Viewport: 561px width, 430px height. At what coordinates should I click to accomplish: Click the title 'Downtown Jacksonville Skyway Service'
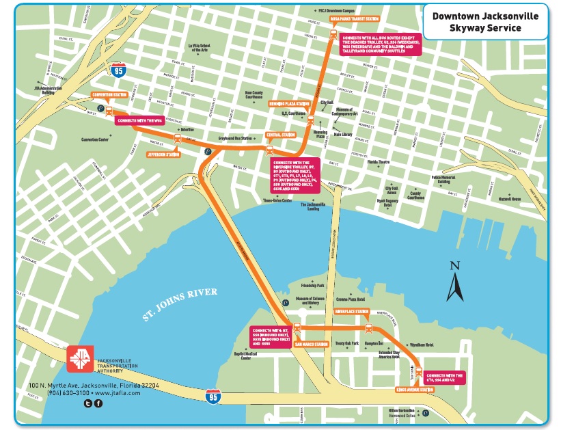coord(484,22)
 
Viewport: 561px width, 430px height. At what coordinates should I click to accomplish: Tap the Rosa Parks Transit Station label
coord(354,19)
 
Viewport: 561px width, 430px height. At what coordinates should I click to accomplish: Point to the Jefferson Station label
coord(164,154)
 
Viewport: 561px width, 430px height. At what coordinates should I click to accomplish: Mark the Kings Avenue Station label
coord(414,390)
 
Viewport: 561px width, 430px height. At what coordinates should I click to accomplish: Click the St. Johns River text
coord(180,303)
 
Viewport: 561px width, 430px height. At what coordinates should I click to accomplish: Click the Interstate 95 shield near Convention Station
coord(118,70)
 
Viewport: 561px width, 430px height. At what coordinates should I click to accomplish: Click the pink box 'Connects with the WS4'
coord(139,121)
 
